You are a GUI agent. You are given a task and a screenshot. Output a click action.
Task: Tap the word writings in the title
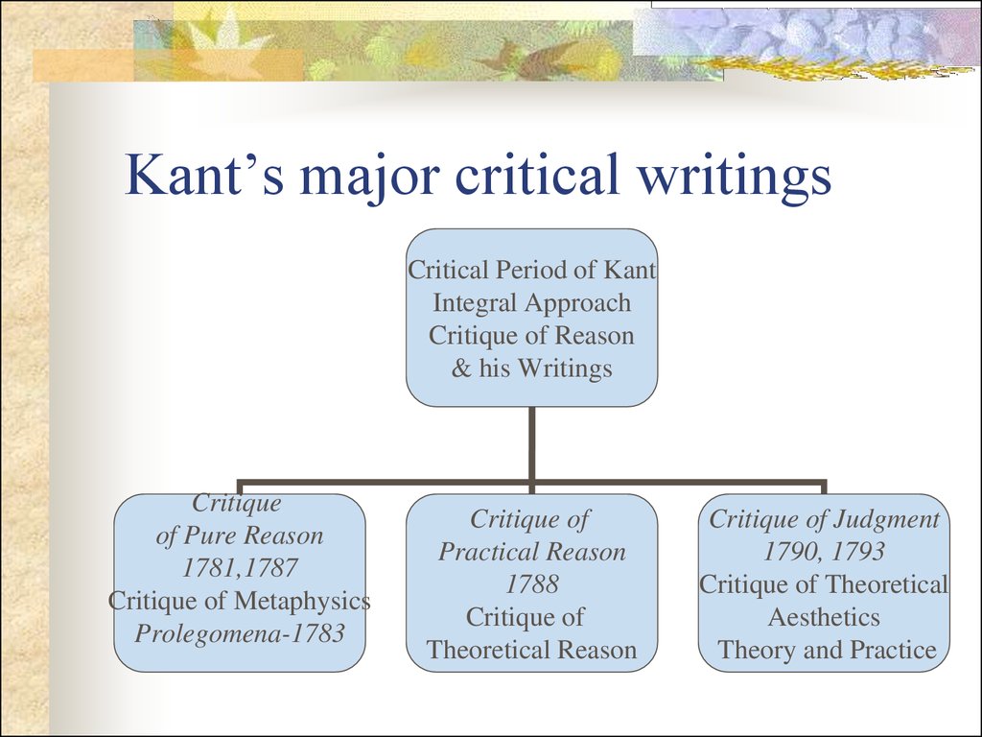coord(734,178)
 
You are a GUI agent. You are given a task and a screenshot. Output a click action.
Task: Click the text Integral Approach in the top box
coord(531,302)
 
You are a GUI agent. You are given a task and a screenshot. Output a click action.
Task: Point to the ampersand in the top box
coord(461,368)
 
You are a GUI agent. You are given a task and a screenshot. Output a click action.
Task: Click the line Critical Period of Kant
coord(531,270)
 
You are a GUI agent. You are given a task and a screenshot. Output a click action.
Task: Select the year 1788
coord(531,584)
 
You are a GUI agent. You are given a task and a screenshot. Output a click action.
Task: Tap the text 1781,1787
coord(239,568)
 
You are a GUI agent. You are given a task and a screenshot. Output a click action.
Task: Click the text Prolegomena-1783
coord(239,633)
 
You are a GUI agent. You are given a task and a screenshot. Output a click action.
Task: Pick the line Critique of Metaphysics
coord(239,601)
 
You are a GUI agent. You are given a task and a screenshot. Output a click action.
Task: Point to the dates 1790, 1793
coord(824,552)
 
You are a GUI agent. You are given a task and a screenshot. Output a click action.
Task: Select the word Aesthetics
coord(824,617)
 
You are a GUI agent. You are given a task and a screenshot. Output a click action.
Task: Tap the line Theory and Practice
coord(827,650)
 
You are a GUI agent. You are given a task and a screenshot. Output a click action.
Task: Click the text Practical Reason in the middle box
coord(531,552)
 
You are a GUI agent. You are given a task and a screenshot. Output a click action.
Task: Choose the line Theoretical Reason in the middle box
coord(531,650)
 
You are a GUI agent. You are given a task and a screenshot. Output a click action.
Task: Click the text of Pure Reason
coord(239,535)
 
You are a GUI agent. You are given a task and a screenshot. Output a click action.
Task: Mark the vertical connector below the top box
coord(531,444)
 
